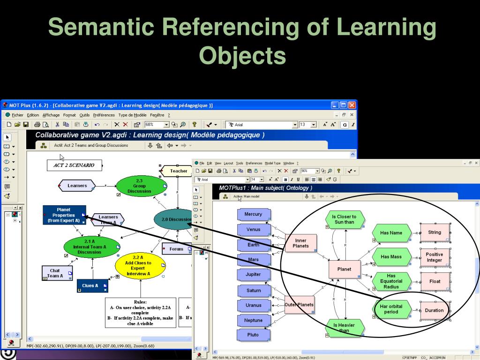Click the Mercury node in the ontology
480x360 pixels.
coord(254,214)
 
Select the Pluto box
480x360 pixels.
coord(254,335)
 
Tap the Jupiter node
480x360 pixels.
coord(254,274)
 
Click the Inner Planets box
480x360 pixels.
coord(300,242)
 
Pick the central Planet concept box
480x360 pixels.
coord(344,269)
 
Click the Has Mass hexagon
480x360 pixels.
coord(391,257)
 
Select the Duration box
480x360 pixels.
coord(434,310)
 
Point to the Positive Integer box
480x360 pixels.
coord(434,257)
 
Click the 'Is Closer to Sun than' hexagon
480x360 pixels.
coord(344,219)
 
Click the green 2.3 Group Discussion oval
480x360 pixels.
coord(139,186)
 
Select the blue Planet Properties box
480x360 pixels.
coord(64,215)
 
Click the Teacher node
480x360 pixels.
coord(178,171)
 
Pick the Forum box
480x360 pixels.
coord(176,249)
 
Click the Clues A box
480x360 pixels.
coord(92,285)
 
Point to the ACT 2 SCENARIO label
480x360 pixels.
coord(74,165)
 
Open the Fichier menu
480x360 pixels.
coord(17,115)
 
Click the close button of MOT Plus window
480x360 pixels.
coord(352,105)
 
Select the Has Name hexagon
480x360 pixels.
coord(391,232)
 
